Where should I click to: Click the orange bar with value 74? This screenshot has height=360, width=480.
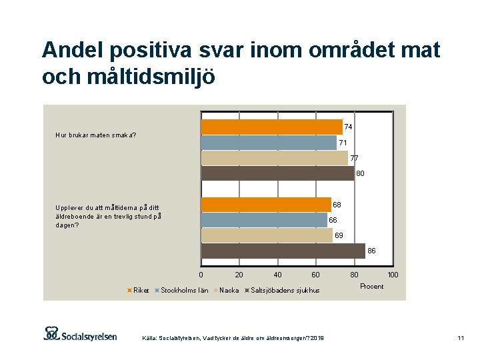271,127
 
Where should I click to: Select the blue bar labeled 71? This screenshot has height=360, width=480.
269,142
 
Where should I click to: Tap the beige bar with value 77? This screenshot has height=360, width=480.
274,158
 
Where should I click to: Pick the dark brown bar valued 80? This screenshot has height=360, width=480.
277,173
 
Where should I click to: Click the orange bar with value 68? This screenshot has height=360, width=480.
266,205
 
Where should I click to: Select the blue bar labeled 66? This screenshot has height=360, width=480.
264,220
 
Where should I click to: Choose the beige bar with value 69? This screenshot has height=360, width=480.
267,235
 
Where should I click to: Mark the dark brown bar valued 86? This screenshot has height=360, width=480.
283,251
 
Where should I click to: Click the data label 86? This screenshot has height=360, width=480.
371,251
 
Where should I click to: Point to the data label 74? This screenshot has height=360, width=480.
348,127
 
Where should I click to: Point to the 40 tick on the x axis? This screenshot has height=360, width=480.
277,275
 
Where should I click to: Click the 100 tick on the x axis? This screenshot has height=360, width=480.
393,275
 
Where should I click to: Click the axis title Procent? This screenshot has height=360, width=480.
371,286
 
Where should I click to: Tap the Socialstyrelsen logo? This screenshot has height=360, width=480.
80,334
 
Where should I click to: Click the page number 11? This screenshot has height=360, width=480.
460,339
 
